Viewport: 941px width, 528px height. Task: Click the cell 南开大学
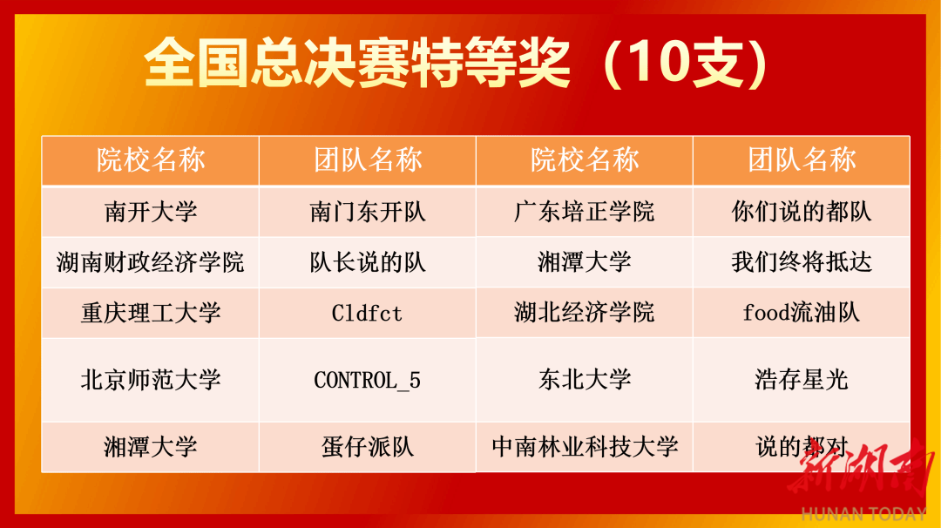click(151, 212)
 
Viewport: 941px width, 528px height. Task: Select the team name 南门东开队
click(368, 212)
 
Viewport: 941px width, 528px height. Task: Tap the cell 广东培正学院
click(584, 212)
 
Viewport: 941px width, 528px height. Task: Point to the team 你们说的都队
click(802, 212)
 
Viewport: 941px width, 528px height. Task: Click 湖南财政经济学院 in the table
click(151, 262)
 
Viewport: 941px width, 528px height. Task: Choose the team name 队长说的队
click(368, 262)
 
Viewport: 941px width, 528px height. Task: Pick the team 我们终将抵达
click(802, 262)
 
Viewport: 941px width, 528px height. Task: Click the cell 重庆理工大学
click(151, 313)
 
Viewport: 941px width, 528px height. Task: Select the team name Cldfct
click(367, 313)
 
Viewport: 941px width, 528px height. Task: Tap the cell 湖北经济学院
click(584, 313)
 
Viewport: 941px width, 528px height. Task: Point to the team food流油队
click(802, 313)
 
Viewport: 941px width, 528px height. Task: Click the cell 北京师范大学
click(151, 380)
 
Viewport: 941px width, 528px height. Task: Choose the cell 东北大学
click(584, 380)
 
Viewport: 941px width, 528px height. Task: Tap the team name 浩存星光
click(802, 380)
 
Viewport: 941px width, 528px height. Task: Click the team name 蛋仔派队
click(368, 447)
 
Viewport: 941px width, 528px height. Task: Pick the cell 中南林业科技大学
click(585, 447)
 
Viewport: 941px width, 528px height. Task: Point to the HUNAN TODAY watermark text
click(863, 514)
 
